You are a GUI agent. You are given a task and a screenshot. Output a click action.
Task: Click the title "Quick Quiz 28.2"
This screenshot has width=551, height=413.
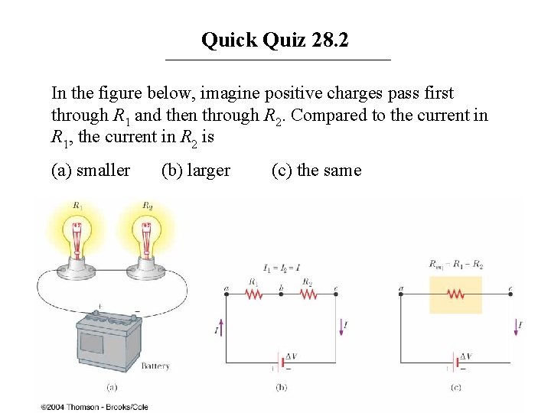click(x=275, y=40)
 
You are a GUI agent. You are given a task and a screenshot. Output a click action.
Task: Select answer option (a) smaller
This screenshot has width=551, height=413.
click(x=90, y=170)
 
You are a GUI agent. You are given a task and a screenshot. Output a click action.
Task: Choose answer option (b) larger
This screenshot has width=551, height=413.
click(x=195, y=170)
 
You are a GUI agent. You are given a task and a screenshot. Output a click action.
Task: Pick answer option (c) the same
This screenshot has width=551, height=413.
click(x=316, y=170)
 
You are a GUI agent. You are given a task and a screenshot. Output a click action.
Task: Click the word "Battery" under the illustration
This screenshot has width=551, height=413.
click(x=155, y=366)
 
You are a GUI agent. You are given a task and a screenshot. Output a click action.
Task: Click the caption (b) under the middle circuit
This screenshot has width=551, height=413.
click(x=281, y=388)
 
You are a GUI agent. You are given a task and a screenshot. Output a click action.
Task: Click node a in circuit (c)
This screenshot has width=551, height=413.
click(x=401, y=289)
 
